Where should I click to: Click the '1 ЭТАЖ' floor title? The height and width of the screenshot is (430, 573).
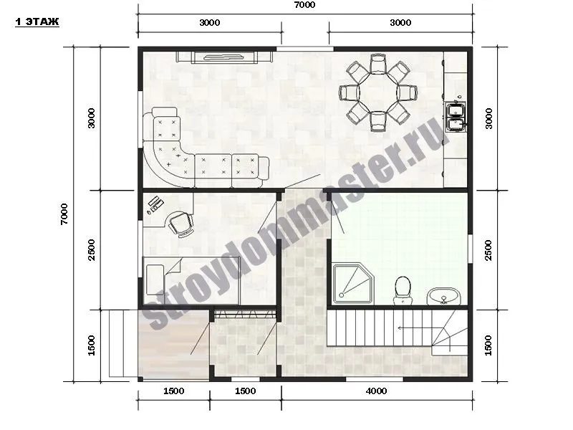coord(37,22)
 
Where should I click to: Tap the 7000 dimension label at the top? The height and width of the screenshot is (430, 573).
coord(305,5)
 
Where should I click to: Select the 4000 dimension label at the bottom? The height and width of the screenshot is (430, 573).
coord(377,391)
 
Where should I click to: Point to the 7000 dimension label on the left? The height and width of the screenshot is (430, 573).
coord(64,214)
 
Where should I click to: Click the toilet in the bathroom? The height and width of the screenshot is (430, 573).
coord(403,290)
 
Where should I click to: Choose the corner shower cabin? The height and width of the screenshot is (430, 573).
coord(353,283)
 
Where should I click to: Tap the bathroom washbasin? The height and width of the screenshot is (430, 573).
coord(443,296)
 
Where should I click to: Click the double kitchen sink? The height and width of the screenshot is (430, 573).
coord(456,116)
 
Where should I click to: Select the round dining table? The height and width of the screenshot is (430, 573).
coord(378,92)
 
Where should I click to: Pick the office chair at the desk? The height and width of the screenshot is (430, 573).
coord(180,224)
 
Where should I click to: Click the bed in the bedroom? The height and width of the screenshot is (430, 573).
coord(191,280)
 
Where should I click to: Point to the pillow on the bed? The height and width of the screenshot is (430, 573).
coord(155,280)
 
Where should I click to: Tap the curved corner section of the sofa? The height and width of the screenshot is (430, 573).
coord(169,164)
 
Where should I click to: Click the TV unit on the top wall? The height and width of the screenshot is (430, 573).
coord(224,57)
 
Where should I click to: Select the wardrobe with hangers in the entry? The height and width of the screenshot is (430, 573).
coord(244,314)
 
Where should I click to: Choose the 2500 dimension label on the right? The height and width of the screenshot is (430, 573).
coord(488,250)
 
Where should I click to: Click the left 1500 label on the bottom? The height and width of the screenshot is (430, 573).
coord(173,391)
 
